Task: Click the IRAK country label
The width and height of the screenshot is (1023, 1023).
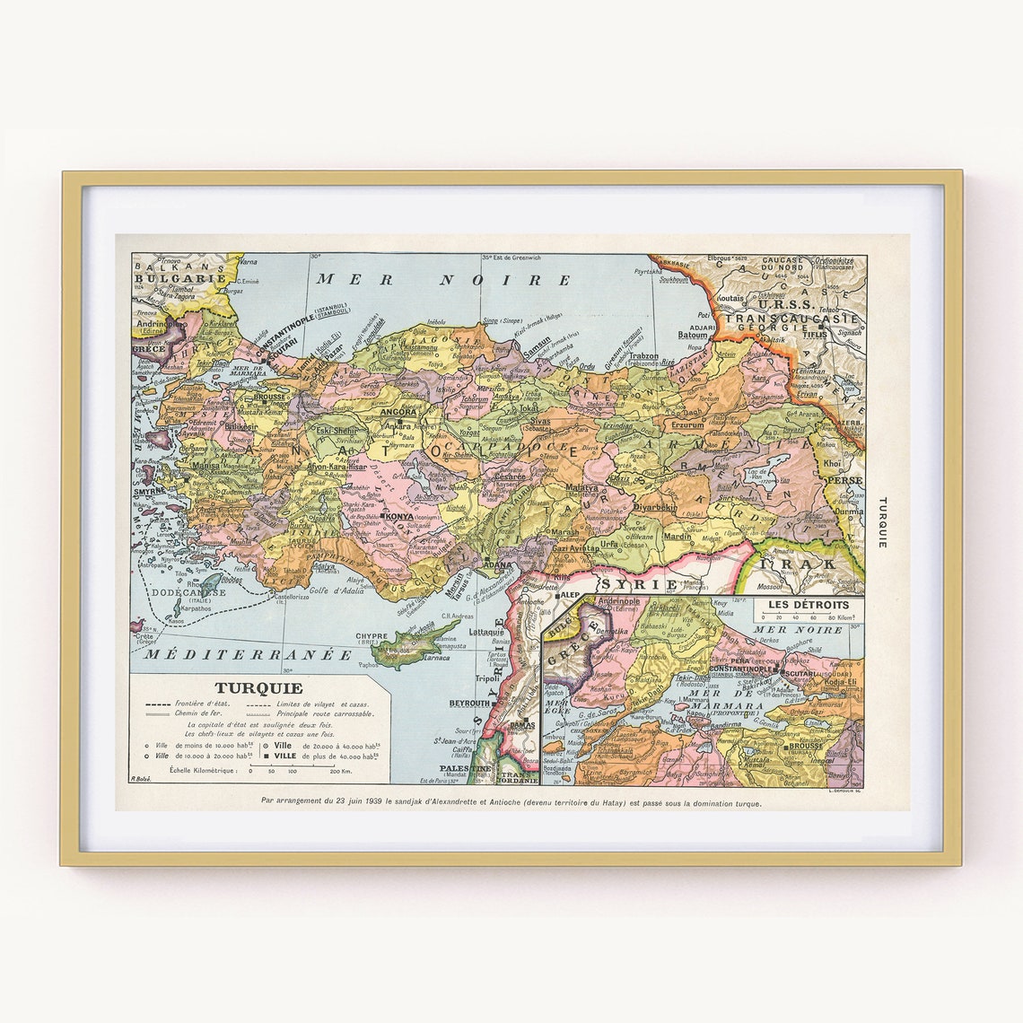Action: click(799, 564)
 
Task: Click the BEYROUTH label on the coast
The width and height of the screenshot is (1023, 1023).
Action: click(469, 704)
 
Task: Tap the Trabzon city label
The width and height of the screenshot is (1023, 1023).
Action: click(643, 356)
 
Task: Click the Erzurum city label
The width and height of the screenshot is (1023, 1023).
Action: click(688, 424)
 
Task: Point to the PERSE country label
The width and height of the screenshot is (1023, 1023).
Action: click(846, 480)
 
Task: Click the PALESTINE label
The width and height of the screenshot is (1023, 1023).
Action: click(465, 769)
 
